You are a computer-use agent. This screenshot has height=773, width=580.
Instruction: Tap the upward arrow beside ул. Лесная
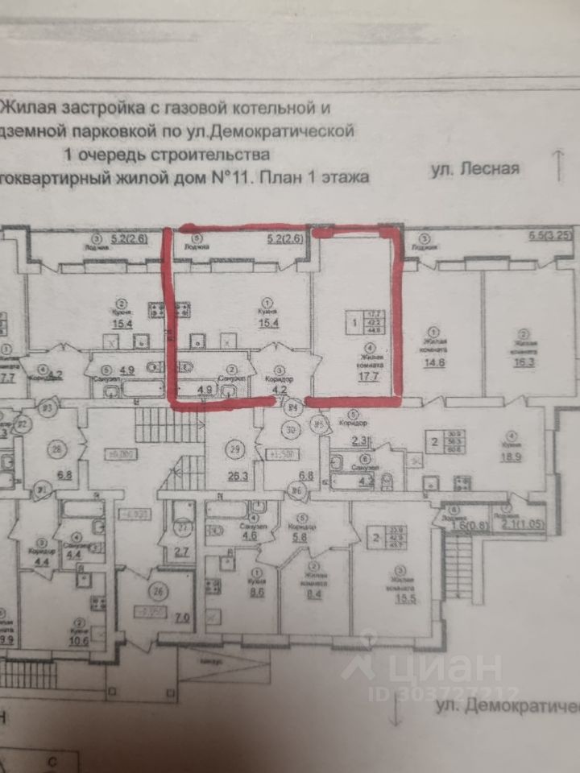point(557,166)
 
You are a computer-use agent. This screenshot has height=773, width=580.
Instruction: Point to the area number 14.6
point(436,362)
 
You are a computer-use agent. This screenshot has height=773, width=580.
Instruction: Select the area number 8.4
point(313,596)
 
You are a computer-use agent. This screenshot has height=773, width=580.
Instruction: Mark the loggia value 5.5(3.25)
point(549,236)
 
